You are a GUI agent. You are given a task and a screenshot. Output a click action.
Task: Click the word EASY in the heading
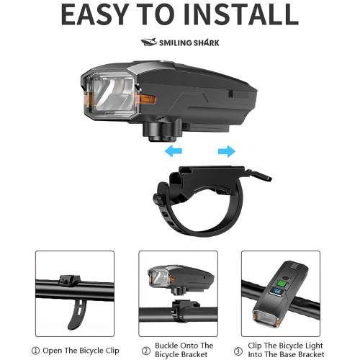click(94, 14)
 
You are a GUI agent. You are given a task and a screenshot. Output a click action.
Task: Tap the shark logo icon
click(149, 42)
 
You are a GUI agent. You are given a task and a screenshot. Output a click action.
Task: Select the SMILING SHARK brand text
click(189, 42)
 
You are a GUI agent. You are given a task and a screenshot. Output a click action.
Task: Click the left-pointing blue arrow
click(174, 151)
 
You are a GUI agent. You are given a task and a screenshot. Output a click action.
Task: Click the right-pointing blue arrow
click(227, 151)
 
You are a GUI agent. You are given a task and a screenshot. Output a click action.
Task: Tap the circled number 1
click(35, 351)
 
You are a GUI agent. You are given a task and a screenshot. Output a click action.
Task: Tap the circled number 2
click(146, 351)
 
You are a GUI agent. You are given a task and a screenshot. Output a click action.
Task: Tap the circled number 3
click(238, 351)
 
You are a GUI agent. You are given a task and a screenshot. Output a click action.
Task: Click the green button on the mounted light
click(282, 284)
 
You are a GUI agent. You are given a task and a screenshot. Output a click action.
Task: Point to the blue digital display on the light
click(277, 292)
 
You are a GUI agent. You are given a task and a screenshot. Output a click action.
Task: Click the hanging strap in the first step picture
click(76, 314)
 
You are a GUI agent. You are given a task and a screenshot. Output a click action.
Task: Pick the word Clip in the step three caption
click(255, 346)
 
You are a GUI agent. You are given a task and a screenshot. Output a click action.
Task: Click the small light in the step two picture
click(181, 279)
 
